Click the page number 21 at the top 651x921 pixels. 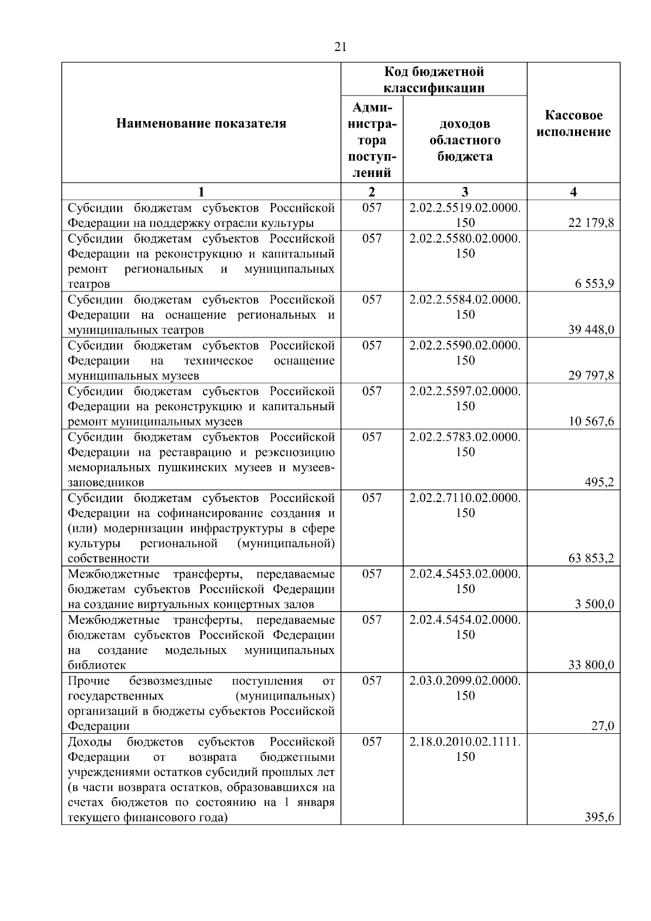point(340,47)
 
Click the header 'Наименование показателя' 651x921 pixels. point(201,124)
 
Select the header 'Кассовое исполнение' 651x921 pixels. point(573,124)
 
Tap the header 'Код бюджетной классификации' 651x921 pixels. point(434,80)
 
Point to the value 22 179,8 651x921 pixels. point(591,223)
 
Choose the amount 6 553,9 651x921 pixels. point(595,284)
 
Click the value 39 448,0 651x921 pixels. point(591,330)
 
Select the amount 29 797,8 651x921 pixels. point(591,376)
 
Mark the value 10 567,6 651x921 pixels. point(591,422)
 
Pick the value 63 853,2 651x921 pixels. point(591,558)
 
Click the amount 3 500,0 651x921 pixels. point(595,605)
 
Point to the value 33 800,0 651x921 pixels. point(591,665)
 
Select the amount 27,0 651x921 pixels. point(602,726)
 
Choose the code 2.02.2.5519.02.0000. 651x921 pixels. point(465,208)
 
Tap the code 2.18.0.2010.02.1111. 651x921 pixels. point(465,742)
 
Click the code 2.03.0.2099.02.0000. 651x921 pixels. point(465,681)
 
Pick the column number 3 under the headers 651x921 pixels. point(465,192)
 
